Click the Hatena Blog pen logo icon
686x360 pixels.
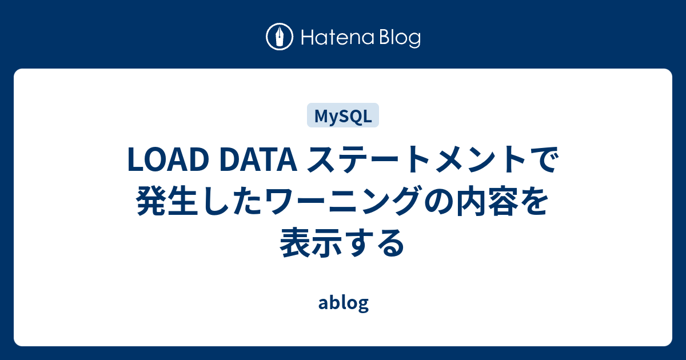(280, 37)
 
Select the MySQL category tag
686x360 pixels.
(343, 115)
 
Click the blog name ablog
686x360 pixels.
(343, 303)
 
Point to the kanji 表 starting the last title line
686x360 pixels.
(295, 243)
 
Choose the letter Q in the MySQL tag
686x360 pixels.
(356, 116)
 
